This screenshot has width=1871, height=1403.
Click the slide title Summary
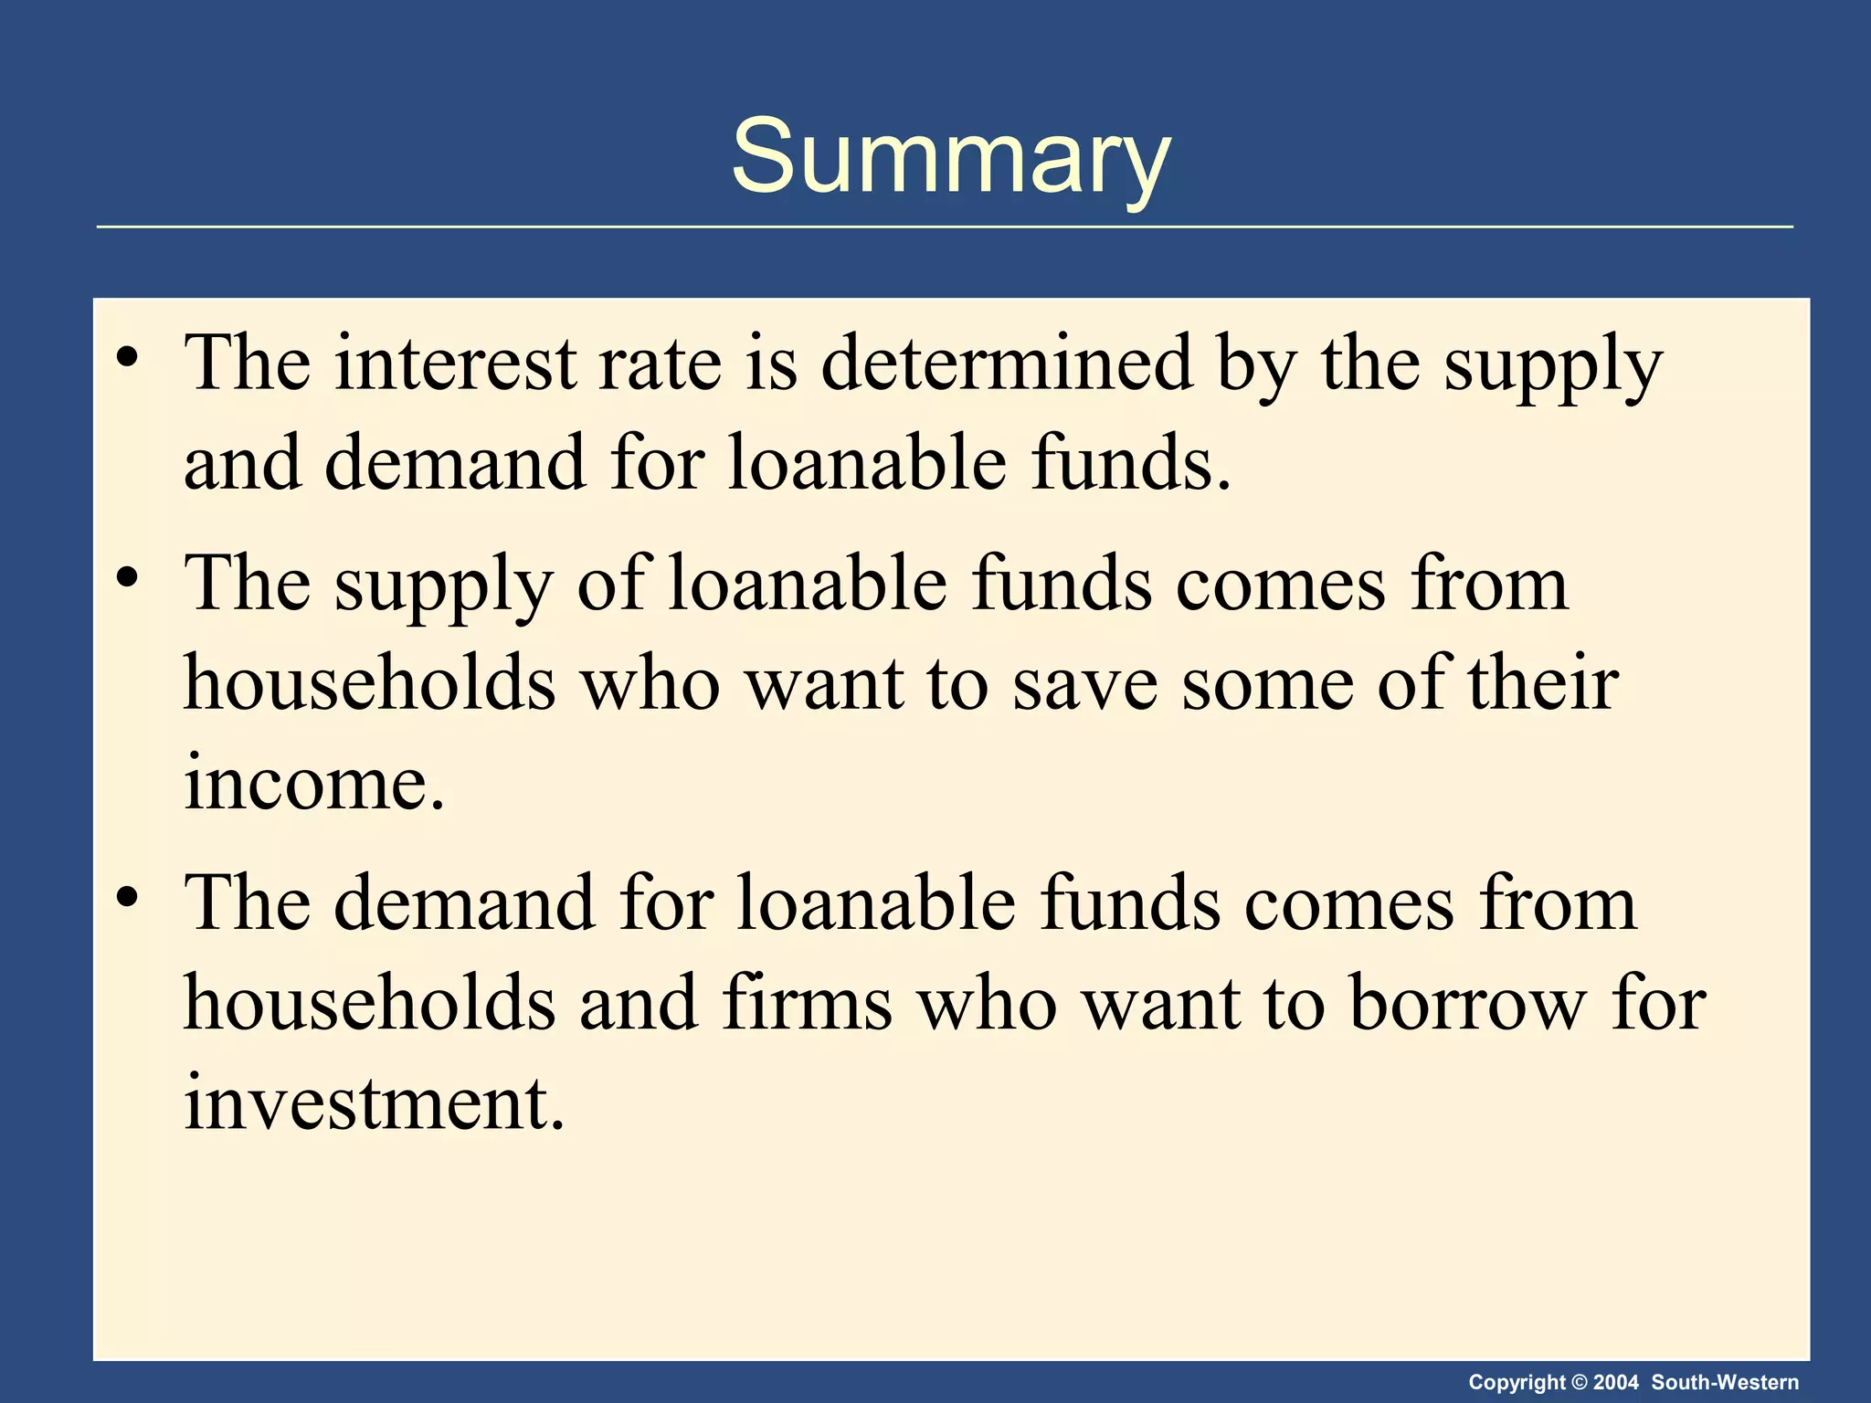(x=950, y=157)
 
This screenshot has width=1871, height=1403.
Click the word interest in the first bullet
(x=455, y=364)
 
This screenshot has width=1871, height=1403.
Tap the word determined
(x=1006, y=364)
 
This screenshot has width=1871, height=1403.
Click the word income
(x=314, y=784)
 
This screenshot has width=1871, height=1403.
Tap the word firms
(x=808, y=1004)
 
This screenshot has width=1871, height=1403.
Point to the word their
(x=1543, y=684)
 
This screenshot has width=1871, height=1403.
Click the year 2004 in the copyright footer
(x=1616, y=1382)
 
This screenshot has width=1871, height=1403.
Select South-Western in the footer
(x=1725, y=1382)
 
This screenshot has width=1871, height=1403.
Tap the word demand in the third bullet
(x=463, y=903)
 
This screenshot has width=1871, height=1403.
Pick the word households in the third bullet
(x=369, y=1004)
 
